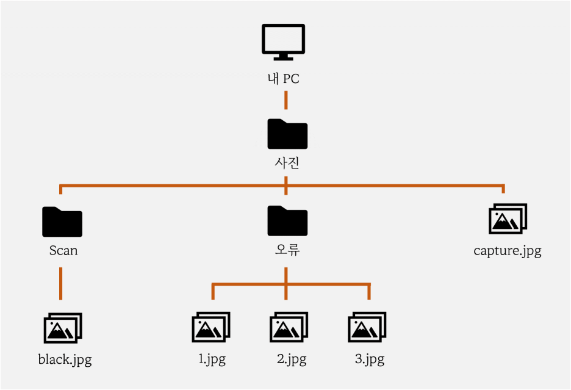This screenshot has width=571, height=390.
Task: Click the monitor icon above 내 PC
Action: pos(283,42)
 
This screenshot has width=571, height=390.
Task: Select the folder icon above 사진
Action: pos(287,134)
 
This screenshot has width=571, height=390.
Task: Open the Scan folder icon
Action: pos(62,222)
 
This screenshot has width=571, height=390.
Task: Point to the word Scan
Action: pos(63,250)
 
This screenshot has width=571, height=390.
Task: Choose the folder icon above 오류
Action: pos(287,221)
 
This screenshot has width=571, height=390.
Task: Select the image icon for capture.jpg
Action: pos(508,219)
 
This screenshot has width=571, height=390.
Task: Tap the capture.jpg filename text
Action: pos(507,251)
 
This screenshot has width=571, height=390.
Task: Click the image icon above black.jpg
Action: pos(63,328)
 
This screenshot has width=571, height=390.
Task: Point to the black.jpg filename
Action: pos(65,359)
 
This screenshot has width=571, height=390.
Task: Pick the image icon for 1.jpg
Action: pos(211,328)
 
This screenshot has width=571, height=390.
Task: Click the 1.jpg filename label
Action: pos(212,359)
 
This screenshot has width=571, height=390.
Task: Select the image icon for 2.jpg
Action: pos(289,328)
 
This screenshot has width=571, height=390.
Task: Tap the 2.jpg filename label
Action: pos(291,359)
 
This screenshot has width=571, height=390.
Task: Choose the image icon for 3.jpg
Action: pos(367,328)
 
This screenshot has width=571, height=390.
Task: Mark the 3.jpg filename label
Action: pos(370,359)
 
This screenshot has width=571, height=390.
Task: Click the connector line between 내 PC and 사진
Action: pos(286,99)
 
